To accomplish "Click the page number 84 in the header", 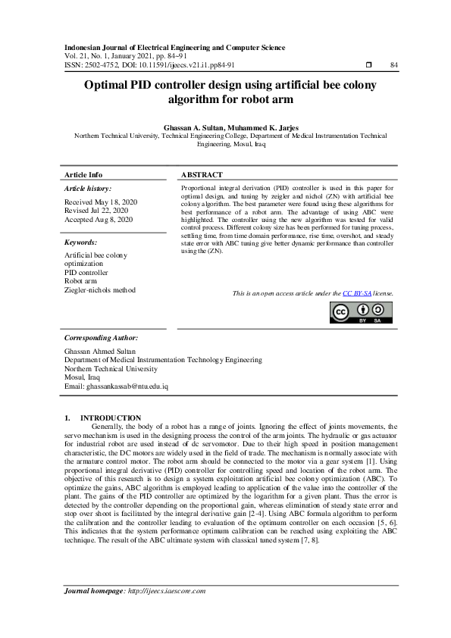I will [x=393, y=65].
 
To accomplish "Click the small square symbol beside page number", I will [x=367, y=65].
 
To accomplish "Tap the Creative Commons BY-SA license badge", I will [x=361, y=313].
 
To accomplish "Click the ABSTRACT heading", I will [x=202, y=174].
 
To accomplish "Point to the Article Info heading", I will [x=83, y=174].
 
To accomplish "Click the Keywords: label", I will [x=81, y=242].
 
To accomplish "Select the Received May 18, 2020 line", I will [x=100, y=202].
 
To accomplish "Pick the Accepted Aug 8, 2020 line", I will [x=99, y=219].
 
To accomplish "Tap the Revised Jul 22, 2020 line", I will [x=97, y=211].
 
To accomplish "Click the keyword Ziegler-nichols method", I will [x=100, y=289].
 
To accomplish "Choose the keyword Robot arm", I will [x=80, y=281].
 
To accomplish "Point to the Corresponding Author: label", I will [x=101, y=337].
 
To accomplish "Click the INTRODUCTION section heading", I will [x=111, y=418].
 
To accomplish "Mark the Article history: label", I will [x=88, y=188].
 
